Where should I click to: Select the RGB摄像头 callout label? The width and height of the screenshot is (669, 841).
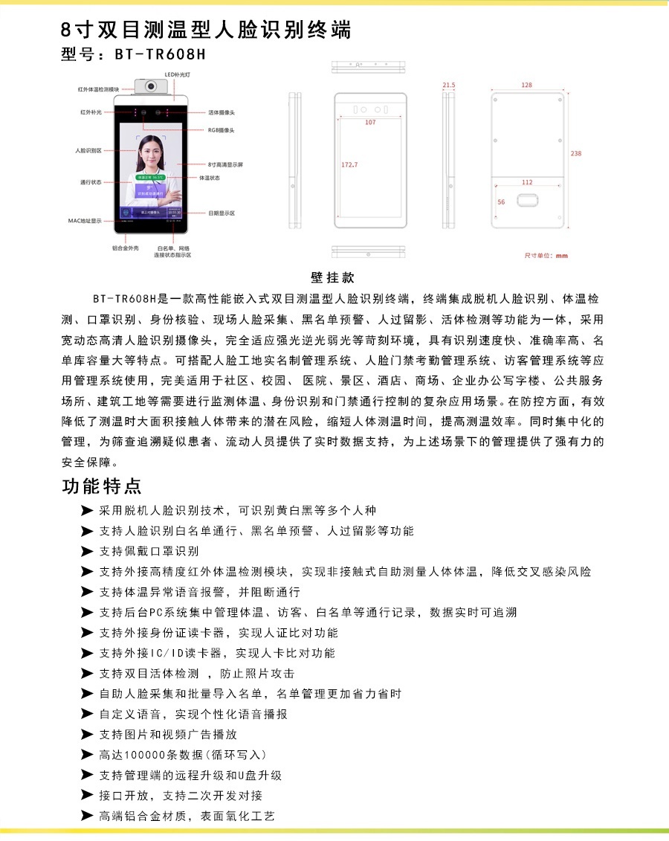click(221, 129)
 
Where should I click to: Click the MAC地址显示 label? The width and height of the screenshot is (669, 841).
click(85, 221)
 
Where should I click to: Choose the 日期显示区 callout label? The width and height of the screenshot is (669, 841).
click(222, 213)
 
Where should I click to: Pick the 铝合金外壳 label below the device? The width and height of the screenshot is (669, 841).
click(126, 248)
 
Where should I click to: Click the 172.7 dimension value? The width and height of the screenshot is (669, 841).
click(349, 164)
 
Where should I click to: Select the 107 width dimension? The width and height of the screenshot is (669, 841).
click(369, 123)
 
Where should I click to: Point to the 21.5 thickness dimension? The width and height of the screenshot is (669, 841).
click(448, 86)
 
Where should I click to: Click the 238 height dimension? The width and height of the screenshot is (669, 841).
click(576, 153)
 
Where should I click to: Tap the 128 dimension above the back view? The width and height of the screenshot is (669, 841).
click(526, 86)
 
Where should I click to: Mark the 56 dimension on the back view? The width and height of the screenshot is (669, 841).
click(501, 202)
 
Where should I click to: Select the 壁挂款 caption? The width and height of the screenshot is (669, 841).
click(332, 278)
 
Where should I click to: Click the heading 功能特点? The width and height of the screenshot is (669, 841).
click(102, 487)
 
